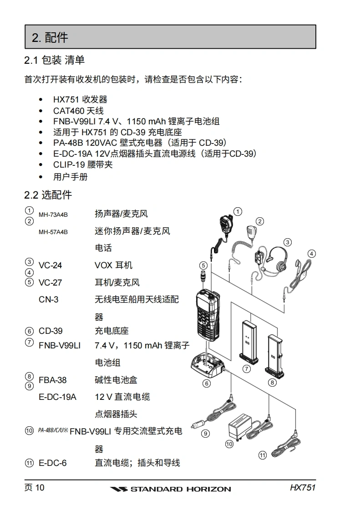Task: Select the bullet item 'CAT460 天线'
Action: (78, 111)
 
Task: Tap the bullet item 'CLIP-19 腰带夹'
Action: (83, 165)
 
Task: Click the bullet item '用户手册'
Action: (70, 176)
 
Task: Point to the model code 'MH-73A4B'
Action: (53, 215)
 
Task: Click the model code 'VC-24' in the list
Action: (50, 266)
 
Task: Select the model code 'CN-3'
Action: (48, 300)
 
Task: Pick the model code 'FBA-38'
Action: (52, 380)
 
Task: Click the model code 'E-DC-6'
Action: (52, 463)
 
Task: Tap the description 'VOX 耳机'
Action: (113, 266)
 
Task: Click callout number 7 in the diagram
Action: (247, 369)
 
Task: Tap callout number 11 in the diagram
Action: (262, 455)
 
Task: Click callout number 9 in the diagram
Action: (206, 433)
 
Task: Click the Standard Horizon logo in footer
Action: (171, 489)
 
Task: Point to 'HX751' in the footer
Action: (303, 488)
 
